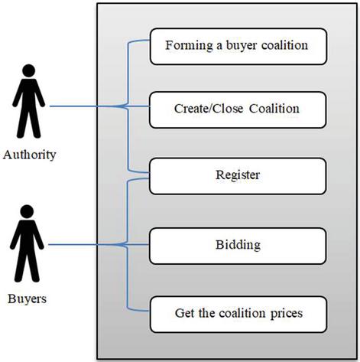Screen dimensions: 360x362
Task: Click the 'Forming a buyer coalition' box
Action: click(x=238, y=47)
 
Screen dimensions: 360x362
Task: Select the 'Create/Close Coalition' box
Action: click(x=238, y=109)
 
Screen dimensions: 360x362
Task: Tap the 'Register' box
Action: click(x=238, y=176)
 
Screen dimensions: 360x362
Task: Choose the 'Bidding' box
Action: click(x=238, y=246)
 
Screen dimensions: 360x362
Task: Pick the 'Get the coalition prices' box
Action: click(x=238, y=315)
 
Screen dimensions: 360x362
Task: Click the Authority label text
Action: click(x=30, y=155)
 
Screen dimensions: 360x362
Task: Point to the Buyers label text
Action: click(x=27, y=298)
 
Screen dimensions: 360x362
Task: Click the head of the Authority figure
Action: click(x=29, y=70)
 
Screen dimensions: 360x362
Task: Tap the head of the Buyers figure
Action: click(x=27, y=211)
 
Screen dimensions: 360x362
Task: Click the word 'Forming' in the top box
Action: click(x=189, y=46)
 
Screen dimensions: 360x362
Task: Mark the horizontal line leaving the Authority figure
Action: click(x=99, y=106)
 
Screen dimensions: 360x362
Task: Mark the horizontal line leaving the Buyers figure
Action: click(x=99, y=245)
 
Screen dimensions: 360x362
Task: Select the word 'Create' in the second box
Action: click(x=192, y=109)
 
